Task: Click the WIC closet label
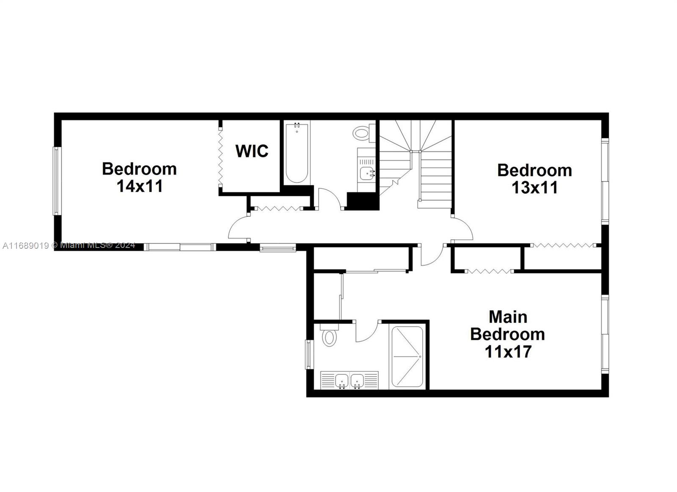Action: tap(252, 151)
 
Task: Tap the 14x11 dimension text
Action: tap(140, 186)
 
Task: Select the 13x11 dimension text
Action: tap(534, 188)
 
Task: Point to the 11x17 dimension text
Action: tap(508, 352)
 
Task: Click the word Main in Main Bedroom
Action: tap(508, 317)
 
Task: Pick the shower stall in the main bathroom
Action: tap(407, 357)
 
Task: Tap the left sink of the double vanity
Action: tap(342, 381)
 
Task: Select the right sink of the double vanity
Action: tap(357, 381)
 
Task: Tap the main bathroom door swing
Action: tap(367, 331)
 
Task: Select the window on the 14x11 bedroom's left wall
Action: tap(57, 181)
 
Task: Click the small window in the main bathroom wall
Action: tap(309, 355)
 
